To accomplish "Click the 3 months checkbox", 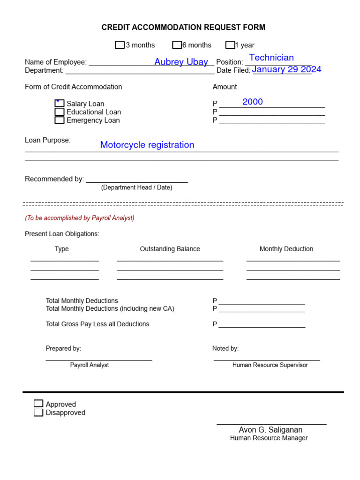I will click(x=120, y=45).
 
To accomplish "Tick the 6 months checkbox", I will click(x=177, y=45).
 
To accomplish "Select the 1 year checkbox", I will click(x=230, y=45).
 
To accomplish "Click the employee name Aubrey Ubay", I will click(x=181, y=62).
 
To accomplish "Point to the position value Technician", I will click(x=271, y=58).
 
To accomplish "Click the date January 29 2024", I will click(x=286, y=69).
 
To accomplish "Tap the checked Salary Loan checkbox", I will click(x=60, y=104).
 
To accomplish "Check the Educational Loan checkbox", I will click(x=60, y=112).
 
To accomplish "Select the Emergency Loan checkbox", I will click(x=60, y=120).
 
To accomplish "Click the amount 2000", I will click(x=253, y=102).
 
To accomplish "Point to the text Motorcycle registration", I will click(x=147, y=145).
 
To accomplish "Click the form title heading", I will click(x=183, y=28).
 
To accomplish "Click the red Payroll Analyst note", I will click(x=80, y=218).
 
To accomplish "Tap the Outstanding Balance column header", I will click(x=170, y=249).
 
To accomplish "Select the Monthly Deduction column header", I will click(x=286, y=249).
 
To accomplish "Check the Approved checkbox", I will click(x=38, y=404).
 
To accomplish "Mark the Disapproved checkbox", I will click(x=38, y=412).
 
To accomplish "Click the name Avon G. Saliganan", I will click(x=270, y=430).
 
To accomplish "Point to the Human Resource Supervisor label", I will click(x=270, y=365).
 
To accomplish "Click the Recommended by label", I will click(x=54, y=179).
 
